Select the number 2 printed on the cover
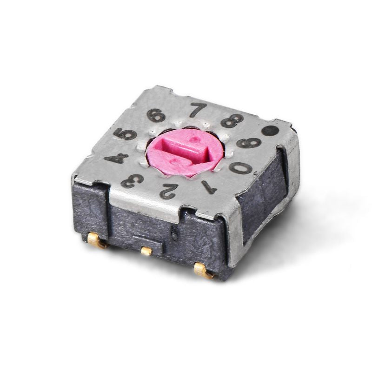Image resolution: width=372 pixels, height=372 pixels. coord(168,190)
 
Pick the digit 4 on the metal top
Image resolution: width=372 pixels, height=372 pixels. coord(116,158)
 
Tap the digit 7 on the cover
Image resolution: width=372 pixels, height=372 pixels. coord(199,110)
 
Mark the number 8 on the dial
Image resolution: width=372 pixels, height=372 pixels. coord(231,121)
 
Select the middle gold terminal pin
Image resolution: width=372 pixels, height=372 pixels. coord(146,251)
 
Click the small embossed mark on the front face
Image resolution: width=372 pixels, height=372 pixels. coord(174,233)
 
